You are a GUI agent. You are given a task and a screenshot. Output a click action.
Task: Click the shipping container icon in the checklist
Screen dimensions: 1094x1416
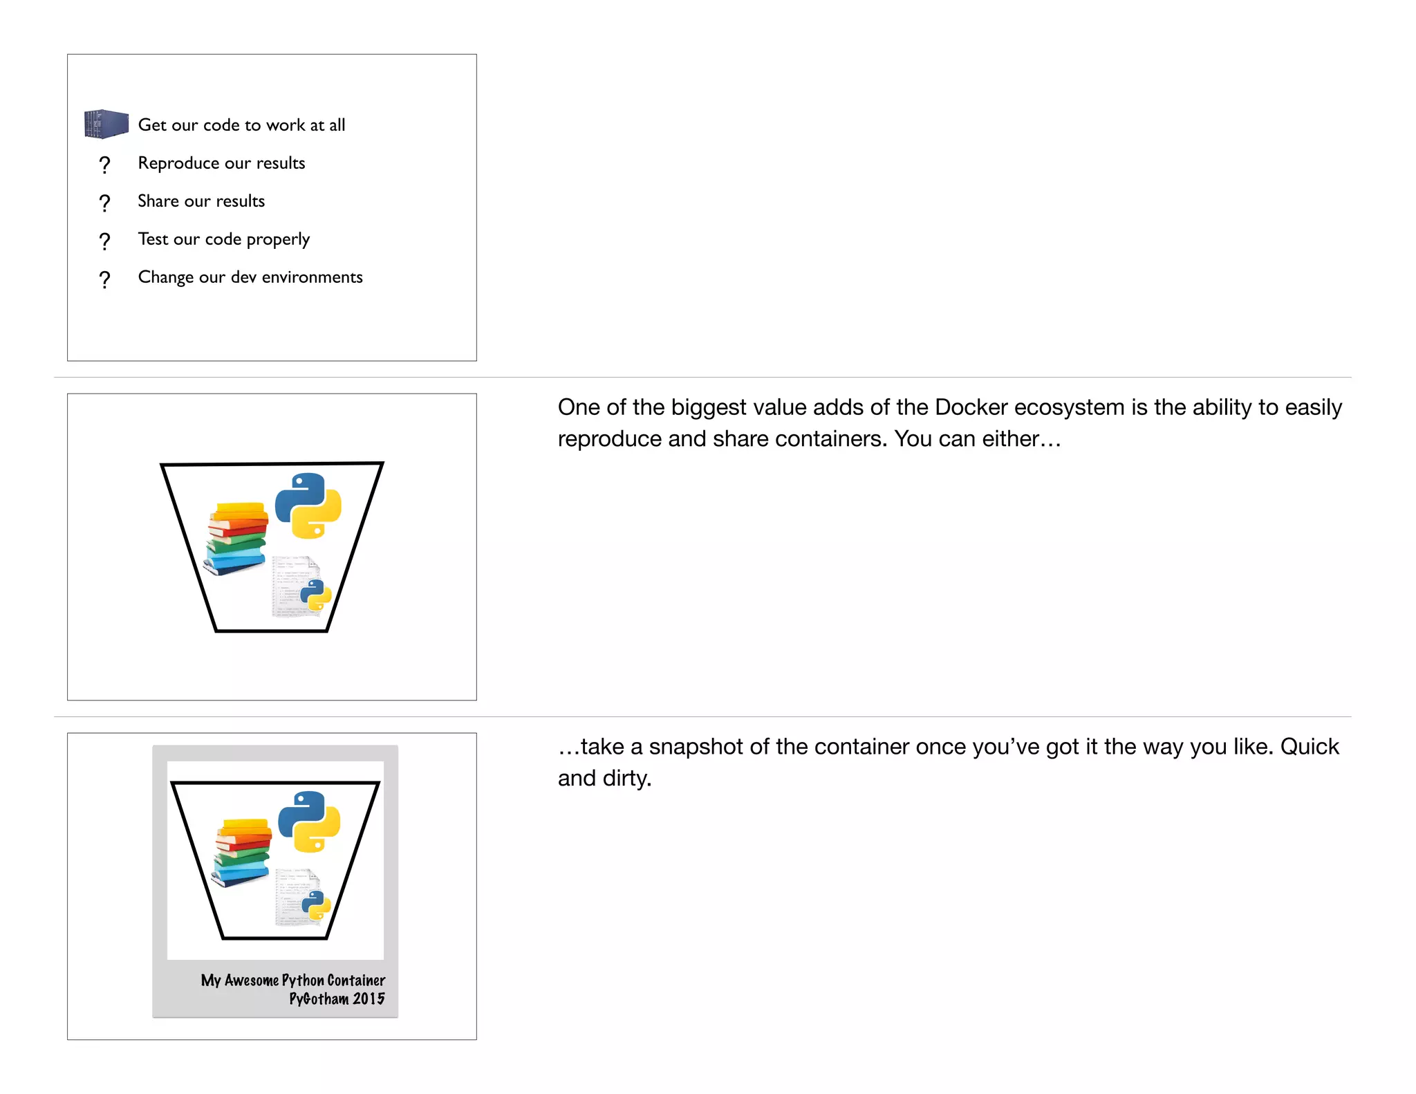tap(106, 124)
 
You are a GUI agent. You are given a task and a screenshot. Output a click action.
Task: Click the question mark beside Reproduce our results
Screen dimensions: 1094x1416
tap(104, 165)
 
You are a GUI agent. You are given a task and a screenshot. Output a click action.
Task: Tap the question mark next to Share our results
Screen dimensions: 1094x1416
tap(104, 203)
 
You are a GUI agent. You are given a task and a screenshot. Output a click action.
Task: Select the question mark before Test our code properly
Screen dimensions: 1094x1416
tap(104, 241)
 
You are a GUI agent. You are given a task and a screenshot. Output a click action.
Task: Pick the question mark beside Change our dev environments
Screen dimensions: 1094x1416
tap(104, 279)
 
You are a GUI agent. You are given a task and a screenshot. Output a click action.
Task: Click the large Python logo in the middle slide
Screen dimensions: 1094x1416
tap(308, 506)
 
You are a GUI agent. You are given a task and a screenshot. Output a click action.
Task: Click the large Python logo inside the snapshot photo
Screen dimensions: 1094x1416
tap(309, 822)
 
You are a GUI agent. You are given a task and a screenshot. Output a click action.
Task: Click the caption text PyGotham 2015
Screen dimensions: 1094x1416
tap(337, 999)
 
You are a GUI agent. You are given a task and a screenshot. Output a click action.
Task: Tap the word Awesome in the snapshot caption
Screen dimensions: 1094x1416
tap(252, 981)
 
